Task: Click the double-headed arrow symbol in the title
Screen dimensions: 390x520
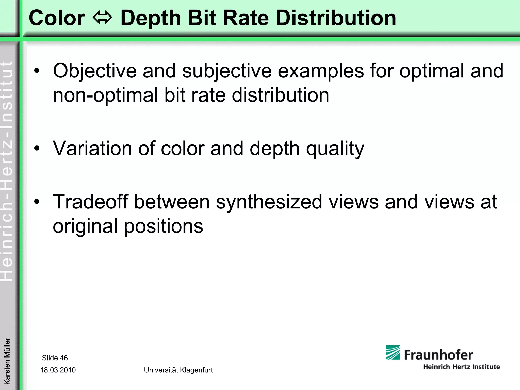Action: pos(102,18)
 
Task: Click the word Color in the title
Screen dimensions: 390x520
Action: pos(57,18)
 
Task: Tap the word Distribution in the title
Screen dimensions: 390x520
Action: pos(336,18)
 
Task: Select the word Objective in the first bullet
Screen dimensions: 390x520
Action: pos(94,71)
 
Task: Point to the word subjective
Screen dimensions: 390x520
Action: pos(227,71)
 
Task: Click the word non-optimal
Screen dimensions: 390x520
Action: pos(105,95)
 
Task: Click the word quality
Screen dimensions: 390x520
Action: pos(335,149)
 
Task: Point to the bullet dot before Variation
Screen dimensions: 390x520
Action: pos(37,148)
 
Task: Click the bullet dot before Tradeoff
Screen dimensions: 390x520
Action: pos(37,202)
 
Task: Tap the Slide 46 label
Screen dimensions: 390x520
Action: pos(55,358)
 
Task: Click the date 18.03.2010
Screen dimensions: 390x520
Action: pos(58,370)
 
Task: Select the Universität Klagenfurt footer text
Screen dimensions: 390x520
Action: pos(178,370)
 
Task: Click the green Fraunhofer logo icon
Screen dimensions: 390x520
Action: pos(393,352)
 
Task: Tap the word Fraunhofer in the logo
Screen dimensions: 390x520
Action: pos(438,355)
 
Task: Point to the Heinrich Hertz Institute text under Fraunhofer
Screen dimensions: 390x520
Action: pos(461,367)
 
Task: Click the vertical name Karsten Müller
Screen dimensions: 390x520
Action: pos(7,361)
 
